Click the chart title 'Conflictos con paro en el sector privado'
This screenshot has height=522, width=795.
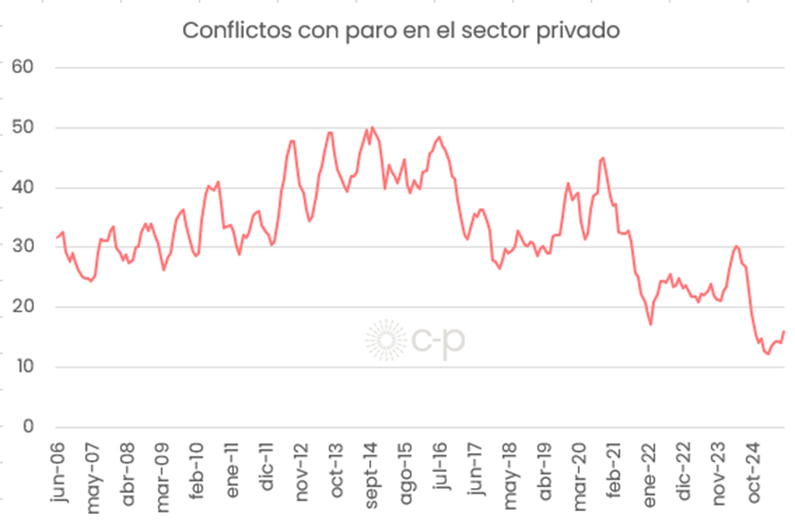pyautogui.click(x=402, y=30)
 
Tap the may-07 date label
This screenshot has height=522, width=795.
pyautogui.click(x=92, y=474)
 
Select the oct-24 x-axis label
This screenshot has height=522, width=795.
pyautogui.click(x=752, y=473)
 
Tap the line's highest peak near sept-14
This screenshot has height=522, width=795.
pyautogui.click(x=371, y=127)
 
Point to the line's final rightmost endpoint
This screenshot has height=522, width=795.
pyautogui.click(x=783, y=332)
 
